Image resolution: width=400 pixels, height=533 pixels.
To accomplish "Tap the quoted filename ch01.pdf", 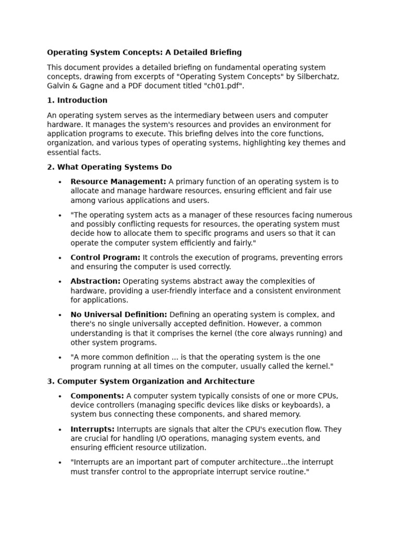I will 223,86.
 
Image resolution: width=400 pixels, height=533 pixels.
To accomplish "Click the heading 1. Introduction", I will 77,100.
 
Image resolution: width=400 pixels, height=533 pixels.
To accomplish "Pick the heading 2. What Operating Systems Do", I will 109,167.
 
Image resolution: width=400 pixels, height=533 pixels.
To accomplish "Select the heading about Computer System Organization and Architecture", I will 151,382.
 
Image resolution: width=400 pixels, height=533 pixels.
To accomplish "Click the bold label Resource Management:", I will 118,182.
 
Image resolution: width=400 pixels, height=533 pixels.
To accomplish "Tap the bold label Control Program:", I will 105,258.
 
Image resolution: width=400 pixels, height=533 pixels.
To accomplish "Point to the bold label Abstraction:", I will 95,282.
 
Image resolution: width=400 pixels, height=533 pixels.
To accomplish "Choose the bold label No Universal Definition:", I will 119,315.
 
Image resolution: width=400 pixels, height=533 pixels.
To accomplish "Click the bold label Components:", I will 97,396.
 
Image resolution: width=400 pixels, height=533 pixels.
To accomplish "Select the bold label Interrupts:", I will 93,429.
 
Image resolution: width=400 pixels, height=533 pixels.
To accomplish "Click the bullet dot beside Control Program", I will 60,258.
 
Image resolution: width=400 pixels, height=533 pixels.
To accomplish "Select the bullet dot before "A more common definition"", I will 60,358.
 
